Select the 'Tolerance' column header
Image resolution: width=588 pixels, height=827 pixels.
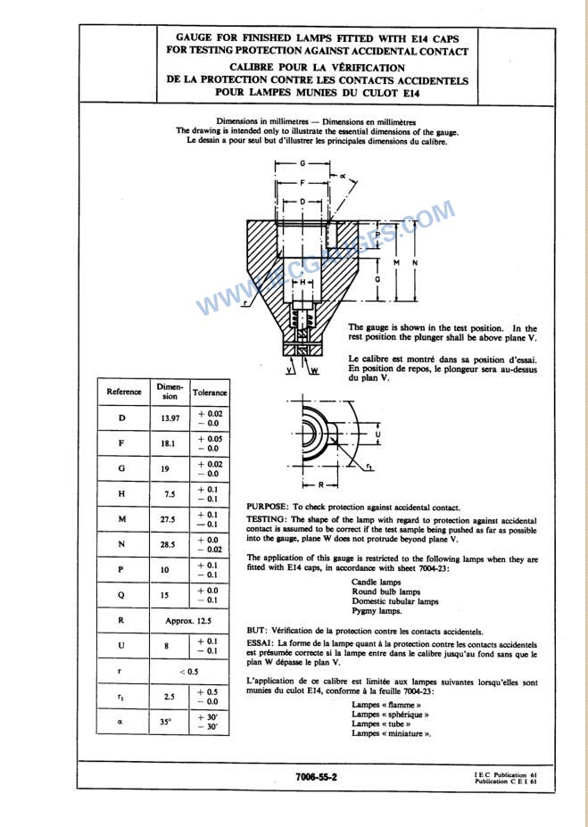210,393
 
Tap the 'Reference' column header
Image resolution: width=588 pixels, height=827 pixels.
124,393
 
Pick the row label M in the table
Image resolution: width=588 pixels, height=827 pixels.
122,518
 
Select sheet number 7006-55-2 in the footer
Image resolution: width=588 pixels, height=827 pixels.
316,777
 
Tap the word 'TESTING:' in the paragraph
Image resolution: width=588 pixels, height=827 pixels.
267,519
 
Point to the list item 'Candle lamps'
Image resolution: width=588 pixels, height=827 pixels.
375,581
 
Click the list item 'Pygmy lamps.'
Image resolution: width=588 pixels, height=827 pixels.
377,611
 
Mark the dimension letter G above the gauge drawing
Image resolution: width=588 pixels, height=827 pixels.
302,164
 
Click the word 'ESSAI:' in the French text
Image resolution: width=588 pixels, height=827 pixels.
261,642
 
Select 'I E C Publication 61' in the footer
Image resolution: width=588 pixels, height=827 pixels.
506,774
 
